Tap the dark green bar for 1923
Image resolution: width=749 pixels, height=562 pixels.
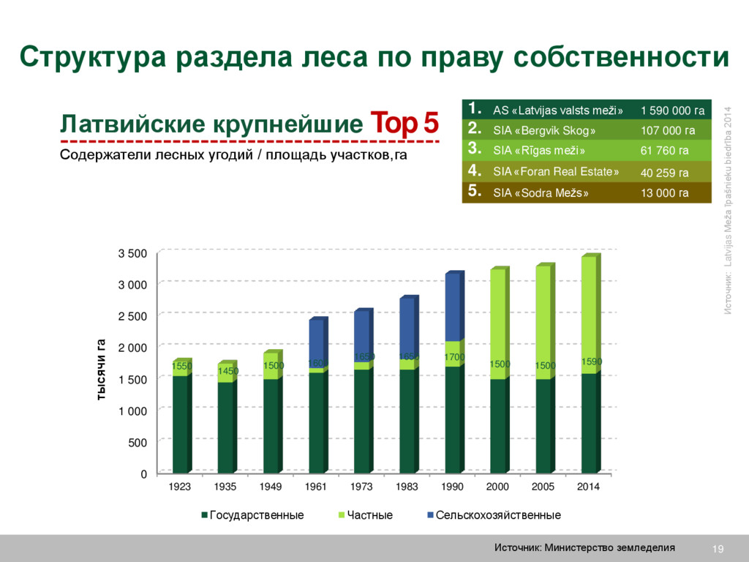180,424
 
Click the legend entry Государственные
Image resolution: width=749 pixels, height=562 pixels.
252,515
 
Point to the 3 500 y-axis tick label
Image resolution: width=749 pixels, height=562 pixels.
132,254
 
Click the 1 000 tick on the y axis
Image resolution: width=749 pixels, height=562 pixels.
132,411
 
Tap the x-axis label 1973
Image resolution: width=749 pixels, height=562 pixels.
361,487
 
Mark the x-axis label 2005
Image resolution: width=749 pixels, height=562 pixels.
543,487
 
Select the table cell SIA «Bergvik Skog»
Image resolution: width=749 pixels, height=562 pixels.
544,131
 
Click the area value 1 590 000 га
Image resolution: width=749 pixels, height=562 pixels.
672,110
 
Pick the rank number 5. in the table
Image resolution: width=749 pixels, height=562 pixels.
474,192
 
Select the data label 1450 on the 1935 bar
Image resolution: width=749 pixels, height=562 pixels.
227,372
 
